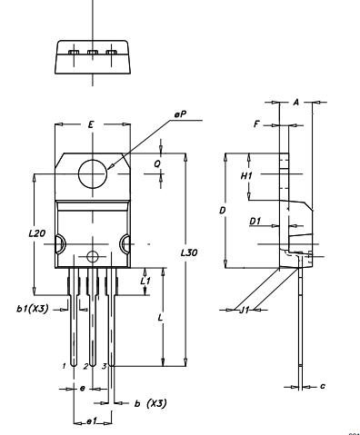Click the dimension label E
[x=91, y=122]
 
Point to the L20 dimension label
[x=36, y=233]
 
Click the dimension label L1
[x=146, y=282]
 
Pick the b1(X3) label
[x=32, y=310]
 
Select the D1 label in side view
[x=255, y=221]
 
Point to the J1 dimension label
[x=244, y=311]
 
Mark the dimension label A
[x=296, y=102]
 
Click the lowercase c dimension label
[x=323, y=386]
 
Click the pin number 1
[x=64, y=365]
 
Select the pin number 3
[x=104, y=365]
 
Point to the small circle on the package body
[x=92, y=252]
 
